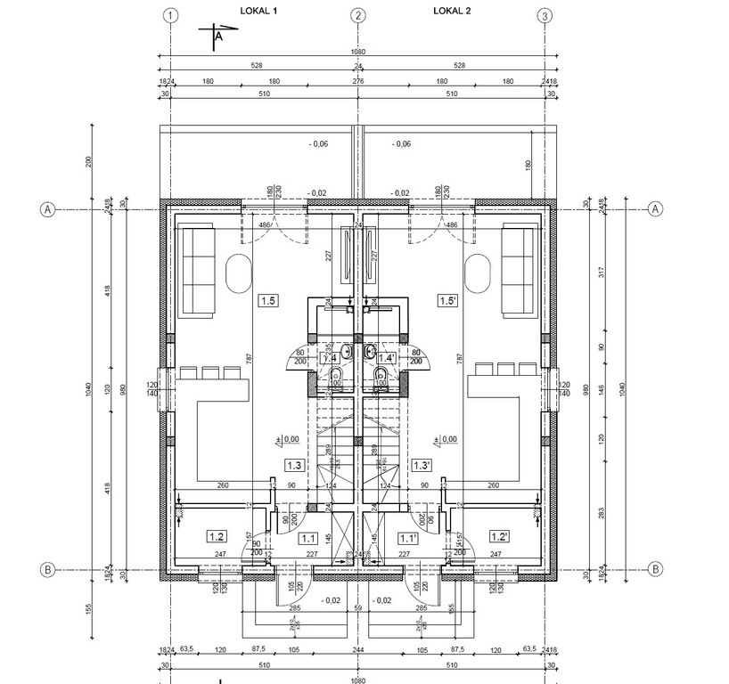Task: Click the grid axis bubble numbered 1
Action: pyautogui.click(x=172, y=15)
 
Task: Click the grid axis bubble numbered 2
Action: pyautogui.click(x=357, y=15)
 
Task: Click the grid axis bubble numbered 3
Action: pyautogui.click(x=545, y=15)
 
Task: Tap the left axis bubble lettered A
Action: pyautogui.click(x=48, y=209)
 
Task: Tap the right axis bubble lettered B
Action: pyautogui.click(x=655, y=568)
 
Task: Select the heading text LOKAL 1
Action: pyautogui.click(x=259, y=11)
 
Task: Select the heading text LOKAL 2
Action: pyautogui.click(x=452, y=11)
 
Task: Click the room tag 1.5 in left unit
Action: pyautogui.click(x=266, y=301)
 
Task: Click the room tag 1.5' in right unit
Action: pyautogui.click(x=448, y=301)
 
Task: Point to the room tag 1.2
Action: pyautogui.click(x=216, y=536)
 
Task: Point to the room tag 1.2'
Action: pyautogui.click(x=499, y=536)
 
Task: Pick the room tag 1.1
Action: pyautogui.click(x=309, y=537)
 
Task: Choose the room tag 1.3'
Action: pyautogui.click(x=422, y=465)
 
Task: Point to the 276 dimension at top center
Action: pyautogui.click(x=358, y=81)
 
